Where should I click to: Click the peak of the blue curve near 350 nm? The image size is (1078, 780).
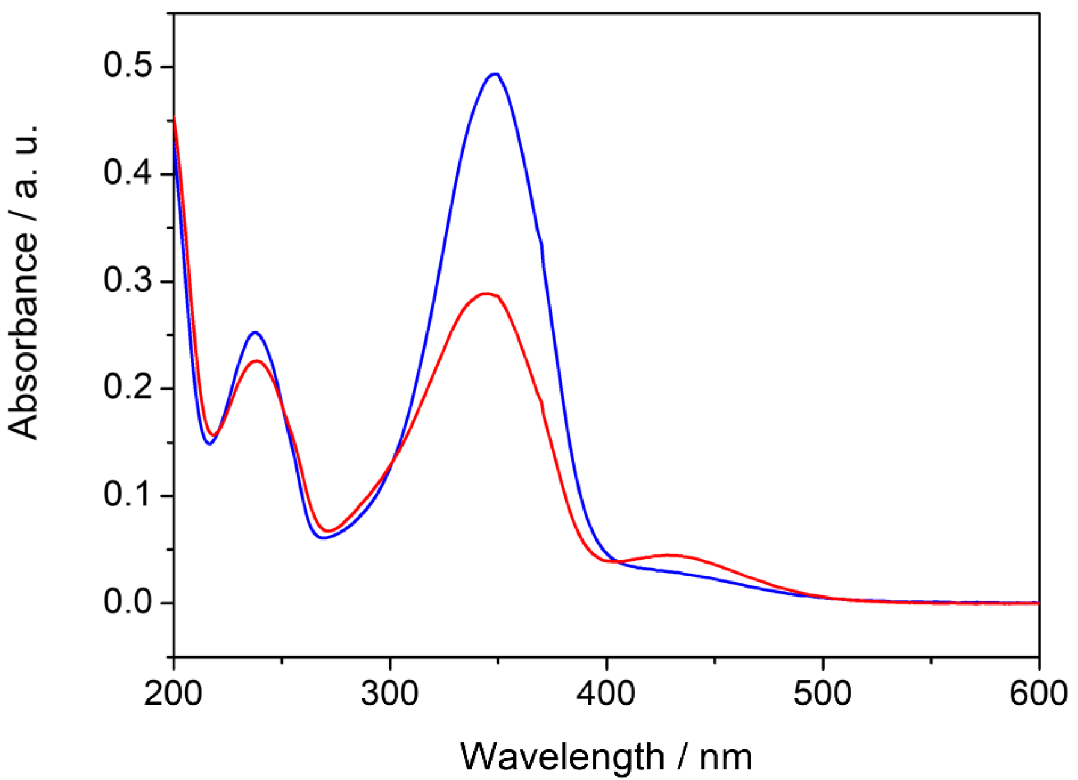click(495, 74)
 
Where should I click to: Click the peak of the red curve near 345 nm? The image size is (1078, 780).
click(486, 293)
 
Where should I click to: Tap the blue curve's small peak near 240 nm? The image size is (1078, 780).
click(255, 333)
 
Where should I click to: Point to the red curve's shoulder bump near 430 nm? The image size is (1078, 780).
click(670, 555)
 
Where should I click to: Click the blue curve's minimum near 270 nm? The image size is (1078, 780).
click(323, 538)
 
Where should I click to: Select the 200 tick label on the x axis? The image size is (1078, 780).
click(173, 693)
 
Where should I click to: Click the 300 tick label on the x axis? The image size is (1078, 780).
click(390, 693)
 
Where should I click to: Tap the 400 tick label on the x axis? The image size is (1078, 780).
click(606, 693)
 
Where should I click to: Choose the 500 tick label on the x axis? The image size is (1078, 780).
click(822, 693)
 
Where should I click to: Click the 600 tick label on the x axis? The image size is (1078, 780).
click(1038, 693)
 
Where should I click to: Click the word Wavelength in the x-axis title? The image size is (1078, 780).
click(562, 757)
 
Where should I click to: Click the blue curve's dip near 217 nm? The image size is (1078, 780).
click(209, 444)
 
